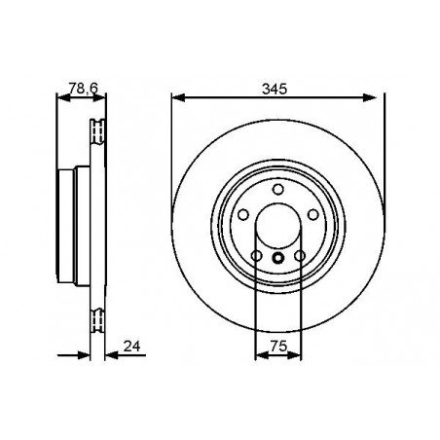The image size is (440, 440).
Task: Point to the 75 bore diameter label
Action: pyautogui.click(x=277, y=345)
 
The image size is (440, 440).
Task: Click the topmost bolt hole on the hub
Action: pyautogui.click(x=277, y=189)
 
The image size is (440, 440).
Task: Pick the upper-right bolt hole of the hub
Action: pyautogui.click(x=314, y=217)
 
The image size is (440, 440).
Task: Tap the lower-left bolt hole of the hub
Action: pyautogui.click(x=255, y=257)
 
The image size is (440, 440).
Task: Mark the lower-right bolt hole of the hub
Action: pyautogui.click(x=301, y=257)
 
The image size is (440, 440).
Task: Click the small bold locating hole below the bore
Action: pyautogui.click(x=277, y=258)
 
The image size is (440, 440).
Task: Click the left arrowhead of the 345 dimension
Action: pyautogui.click(x=176, y=97)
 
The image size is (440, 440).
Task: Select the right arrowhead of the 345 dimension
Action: pyautogui.click(x=379, y=97)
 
